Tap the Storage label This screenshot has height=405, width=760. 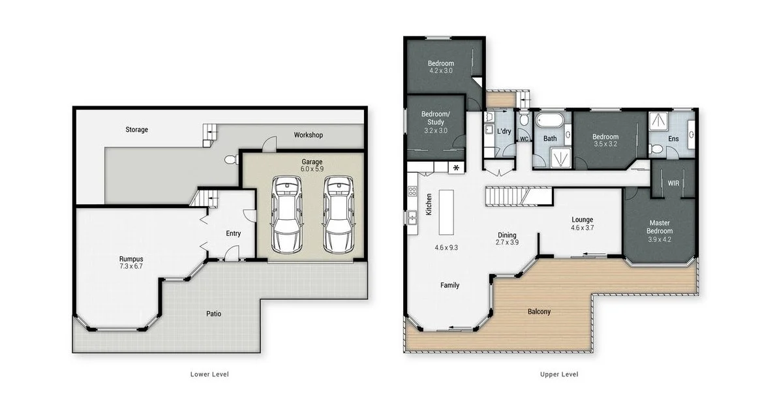click(x=137, y=130)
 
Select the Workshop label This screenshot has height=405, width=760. click(x=308, y=135)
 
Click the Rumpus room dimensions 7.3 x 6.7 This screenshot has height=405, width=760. click(x=130, y=266)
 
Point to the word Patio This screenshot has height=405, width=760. click(x=214, y=314)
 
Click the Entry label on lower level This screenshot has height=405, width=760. click(x=233, y=233)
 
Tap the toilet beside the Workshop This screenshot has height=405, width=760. click(x=229, y=159)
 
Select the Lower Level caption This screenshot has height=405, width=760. click(x=209, y=374)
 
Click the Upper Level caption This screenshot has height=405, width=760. click(x=559, y=374)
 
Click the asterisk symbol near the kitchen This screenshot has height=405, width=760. click(x=456, y=168)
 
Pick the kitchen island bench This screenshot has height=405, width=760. click(x=447, y=212)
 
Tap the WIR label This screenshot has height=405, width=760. click(x=673, y=183)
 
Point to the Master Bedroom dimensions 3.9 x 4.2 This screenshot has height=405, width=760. click(x=660, y=239)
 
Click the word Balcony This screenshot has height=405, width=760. click(x=539, y=312)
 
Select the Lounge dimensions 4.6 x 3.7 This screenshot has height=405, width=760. click(x=582, y=228)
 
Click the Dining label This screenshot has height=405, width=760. click(x=507, y=235)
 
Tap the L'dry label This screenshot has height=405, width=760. click(x=504, y=132)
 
